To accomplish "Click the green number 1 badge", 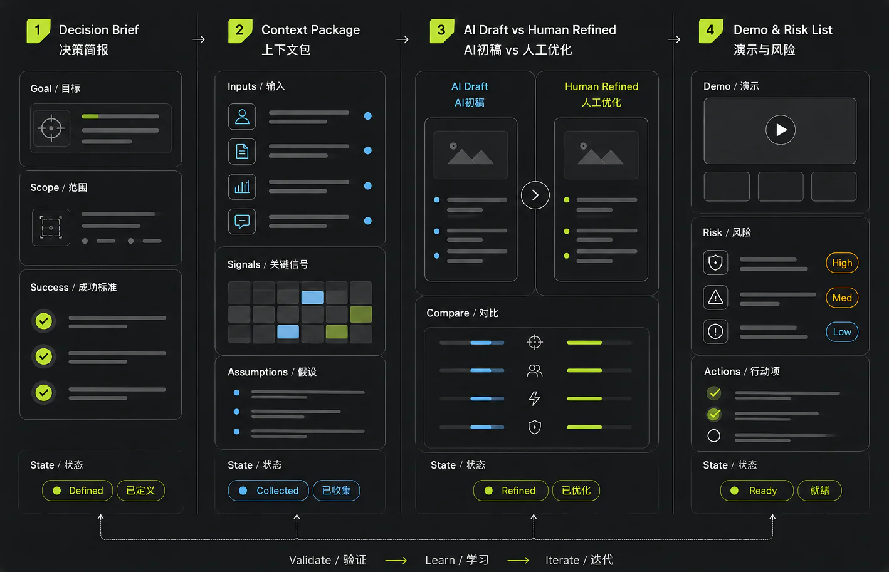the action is pyautogui.click(x=38, y=31).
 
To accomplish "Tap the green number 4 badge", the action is pyautogui.click(x=710, y=31).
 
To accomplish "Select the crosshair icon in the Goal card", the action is pyautogui.click(x=51, y=128).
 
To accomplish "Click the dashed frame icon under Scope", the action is pyautogui.click(x=51, y=227).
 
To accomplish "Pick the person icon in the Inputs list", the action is pyautogui.click(x=242, y=117).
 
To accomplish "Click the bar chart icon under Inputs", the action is pyautogui.click(x=242, y=187).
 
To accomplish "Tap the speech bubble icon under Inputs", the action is pyautogui.click(x=242, y=221).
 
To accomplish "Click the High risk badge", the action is pyautogui.click(x=842, y=263).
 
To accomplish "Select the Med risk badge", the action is pyautogui.click(x=842, y=298).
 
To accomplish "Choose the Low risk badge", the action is pyautogui.click(x=842, y=331).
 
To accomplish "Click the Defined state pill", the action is pyautogui.click(x=77, y=491).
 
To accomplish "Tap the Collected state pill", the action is pyautogui.click(x=268, y=491).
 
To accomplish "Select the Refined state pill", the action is pyautogui.click(x=510, y=491).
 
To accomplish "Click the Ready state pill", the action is pyautogui.click(x=757, y=491).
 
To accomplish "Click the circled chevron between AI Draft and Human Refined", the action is pyautogui.click(x=535, y=195).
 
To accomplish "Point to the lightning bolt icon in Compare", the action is pyautogui.click(x=535, y=398).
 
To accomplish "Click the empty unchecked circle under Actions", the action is pyautogui.click(x=713, y=435).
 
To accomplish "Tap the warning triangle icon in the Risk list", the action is pyautogui.click(x=715, y=297).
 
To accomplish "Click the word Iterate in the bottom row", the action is pyautogui.click(x=562, y=560).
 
